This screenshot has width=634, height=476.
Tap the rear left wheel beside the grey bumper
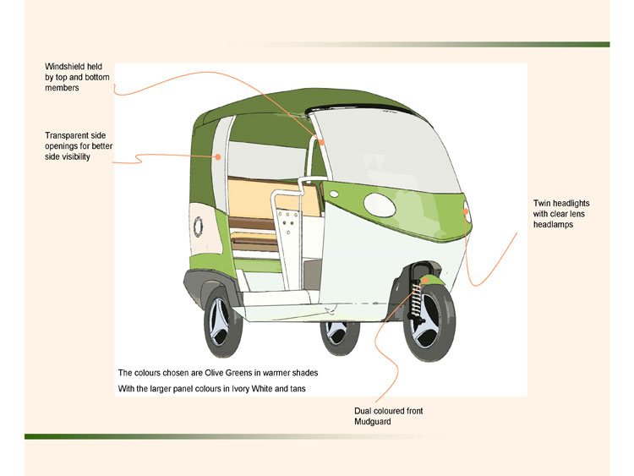tap(222, 322)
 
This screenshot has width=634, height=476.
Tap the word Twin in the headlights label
tap(541, 204)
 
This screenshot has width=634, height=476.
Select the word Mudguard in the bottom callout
tap(372, 421)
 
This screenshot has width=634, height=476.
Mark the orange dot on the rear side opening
tap(218, 156)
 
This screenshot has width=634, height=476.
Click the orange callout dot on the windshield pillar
tap(321, 142)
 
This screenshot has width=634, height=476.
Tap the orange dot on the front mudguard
tap(429, 276)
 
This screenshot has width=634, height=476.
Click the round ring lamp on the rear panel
tap(199, 226)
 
